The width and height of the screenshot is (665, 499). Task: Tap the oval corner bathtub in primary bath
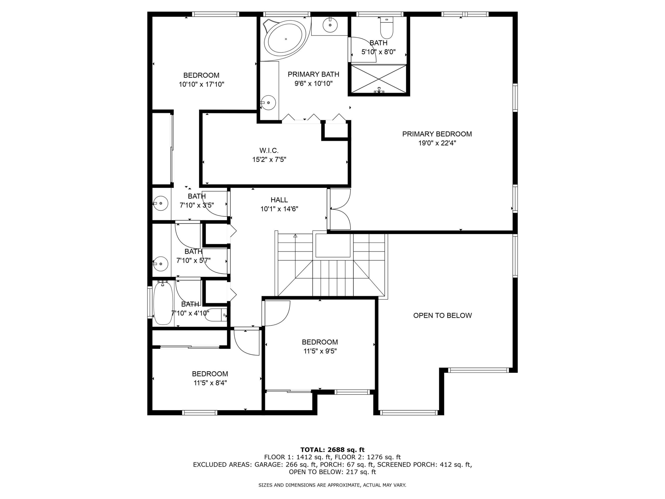pyautogui.click(x=285, y=39)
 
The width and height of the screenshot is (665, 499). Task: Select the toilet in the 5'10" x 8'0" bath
pyautogui.click(x=386, y=28)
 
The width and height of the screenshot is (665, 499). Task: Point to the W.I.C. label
pyautogui.click(x=269, y=150)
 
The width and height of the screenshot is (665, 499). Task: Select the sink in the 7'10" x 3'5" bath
pyautogui.click(x=160, y=203)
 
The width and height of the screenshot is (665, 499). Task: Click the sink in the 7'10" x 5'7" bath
pyautogui.click(x=160, y=264)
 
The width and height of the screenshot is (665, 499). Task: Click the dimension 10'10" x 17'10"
pyautogui.click(x=201, y=84)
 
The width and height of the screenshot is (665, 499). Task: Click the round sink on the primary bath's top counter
pyautogui.click(x=330, y=25)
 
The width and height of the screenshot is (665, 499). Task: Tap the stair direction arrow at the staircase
pyautogui.click(x=295, y=236)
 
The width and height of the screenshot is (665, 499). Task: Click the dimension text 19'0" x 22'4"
pyautogui.click(x=437, y=143)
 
